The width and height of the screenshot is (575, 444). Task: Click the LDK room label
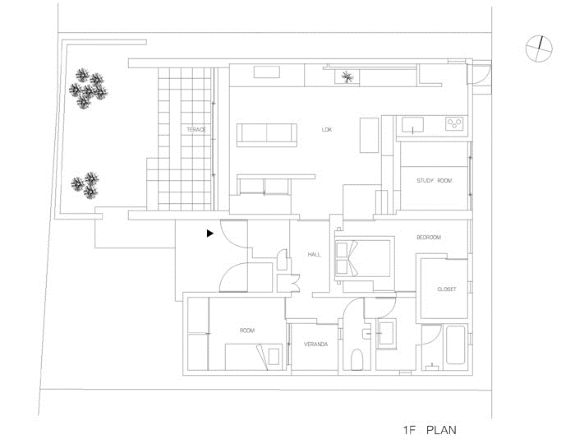pos(326,130)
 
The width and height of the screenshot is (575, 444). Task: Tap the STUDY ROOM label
pos(435,181)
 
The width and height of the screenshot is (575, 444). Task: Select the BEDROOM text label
pos(429,238)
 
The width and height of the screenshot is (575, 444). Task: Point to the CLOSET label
pos(447,289)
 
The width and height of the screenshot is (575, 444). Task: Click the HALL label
pos(315,254)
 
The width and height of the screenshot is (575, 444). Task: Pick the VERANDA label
pos(315,345)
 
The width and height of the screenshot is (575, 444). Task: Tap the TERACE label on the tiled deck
pos(196,130)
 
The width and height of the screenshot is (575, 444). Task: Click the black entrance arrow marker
pos(210,233)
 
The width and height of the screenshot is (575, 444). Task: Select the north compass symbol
pos(539,48)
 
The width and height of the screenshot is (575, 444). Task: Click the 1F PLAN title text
pos(430,430)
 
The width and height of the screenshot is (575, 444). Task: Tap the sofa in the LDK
pos(267,135)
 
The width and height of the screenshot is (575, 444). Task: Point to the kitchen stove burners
pos(455,124)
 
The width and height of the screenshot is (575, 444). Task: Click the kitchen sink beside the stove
pos(412,125)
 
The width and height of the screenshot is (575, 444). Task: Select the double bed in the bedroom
pos(363,258)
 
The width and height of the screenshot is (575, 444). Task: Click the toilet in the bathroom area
pos(356,359)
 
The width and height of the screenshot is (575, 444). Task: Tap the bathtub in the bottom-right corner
pos(455,345)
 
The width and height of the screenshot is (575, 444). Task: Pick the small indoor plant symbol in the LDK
pos(346,77)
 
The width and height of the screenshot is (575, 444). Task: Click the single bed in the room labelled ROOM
pos(254,356)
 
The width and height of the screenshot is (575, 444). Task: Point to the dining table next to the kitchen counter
pos(369,135)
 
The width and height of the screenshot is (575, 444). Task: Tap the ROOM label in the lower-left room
pos(246,331)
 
